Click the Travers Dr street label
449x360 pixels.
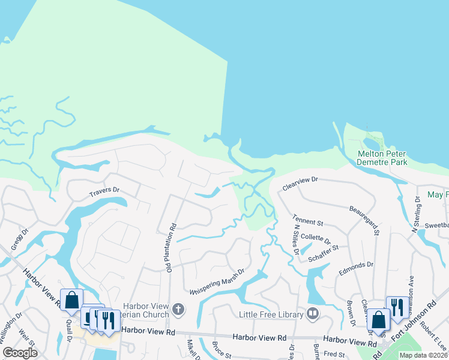pos(104,190)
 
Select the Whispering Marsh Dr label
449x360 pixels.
pos(217,282)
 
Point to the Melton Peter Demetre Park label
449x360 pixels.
pos(382,158)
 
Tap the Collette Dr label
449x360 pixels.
pos(316,237)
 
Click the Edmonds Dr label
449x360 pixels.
pos(357,264)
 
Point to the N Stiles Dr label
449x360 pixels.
pos(296,238)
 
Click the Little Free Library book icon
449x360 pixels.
pos(312,313)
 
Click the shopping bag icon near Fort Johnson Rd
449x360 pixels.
pos(379,319)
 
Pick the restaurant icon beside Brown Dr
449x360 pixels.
pos(396,306)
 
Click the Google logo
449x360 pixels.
pos(20,353)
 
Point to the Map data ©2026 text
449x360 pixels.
pos(423,355)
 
